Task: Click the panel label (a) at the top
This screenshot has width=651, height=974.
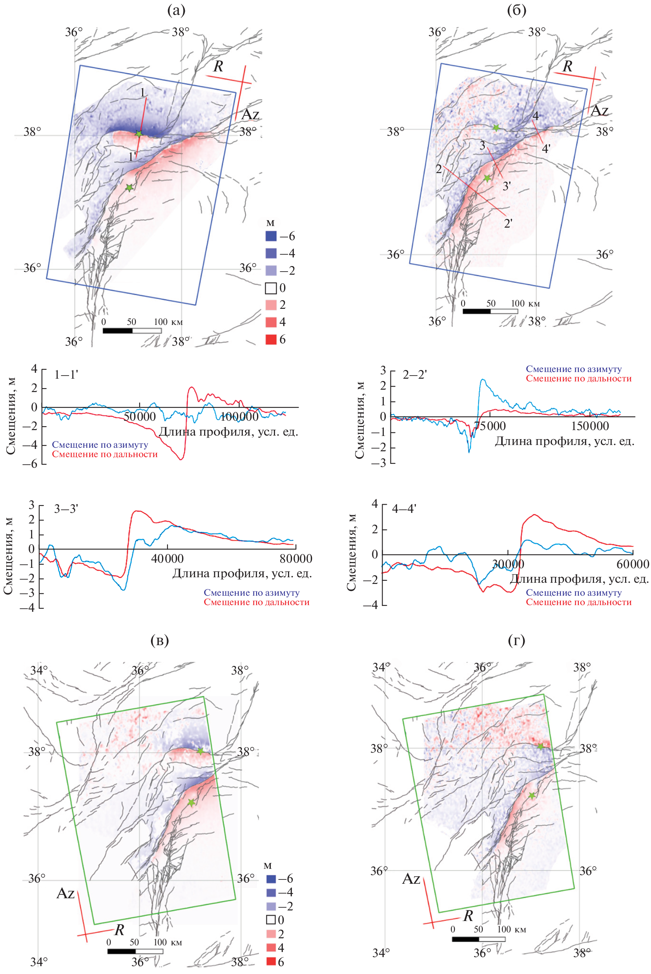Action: [x=176, y=10]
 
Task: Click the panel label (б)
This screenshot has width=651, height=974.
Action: [x=516, y=10]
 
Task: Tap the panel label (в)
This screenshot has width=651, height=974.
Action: [x=159, y=640]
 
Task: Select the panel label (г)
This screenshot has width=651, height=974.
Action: [x=516, y=640]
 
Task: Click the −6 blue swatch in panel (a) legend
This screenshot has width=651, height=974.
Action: [x=271, y=236]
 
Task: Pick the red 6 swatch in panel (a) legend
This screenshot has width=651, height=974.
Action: [x=271, y=339]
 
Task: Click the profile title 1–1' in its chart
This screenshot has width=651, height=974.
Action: [x=66, y=374]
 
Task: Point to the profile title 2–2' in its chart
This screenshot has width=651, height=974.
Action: [x=414, y=374]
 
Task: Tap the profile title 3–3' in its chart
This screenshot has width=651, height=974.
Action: [x=66, y=509]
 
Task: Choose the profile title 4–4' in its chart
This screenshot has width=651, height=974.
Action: [x=404, y=509]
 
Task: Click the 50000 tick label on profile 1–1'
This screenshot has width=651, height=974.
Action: [x=140, y=417]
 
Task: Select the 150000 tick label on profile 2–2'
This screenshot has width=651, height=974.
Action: [x=590, y=426]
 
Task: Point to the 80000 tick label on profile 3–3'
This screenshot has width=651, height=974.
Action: [x=295, y=559]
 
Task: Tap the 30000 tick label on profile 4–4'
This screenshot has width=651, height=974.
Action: [x=508, y=564]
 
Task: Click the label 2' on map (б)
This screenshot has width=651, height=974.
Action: [x=508, y=223]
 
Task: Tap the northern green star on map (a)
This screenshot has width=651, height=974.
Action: [x=139, y=134]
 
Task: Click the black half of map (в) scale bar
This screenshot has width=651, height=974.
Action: [x=122, y=951]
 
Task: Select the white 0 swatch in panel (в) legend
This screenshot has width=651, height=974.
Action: [x=271, y=919]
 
